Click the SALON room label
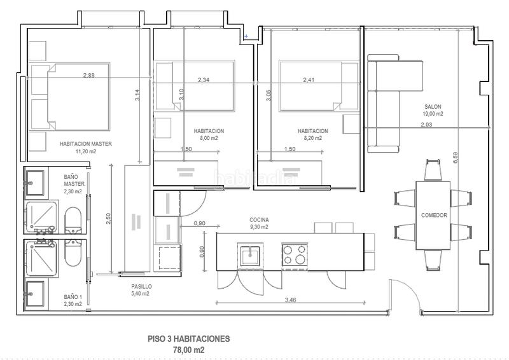433,106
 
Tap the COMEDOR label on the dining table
434,216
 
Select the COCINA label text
258,219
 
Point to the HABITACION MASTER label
85,144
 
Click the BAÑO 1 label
73,296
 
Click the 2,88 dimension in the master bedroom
89,76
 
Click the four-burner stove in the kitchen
295,254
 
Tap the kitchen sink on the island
250,254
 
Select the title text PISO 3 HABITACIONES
189,339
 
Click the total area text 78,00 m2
189,350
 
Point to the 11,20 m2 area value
85,151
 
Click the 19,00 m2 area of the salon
433,113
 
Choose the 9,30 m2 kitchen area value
258,226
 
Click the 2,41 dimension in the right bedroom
309,80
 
